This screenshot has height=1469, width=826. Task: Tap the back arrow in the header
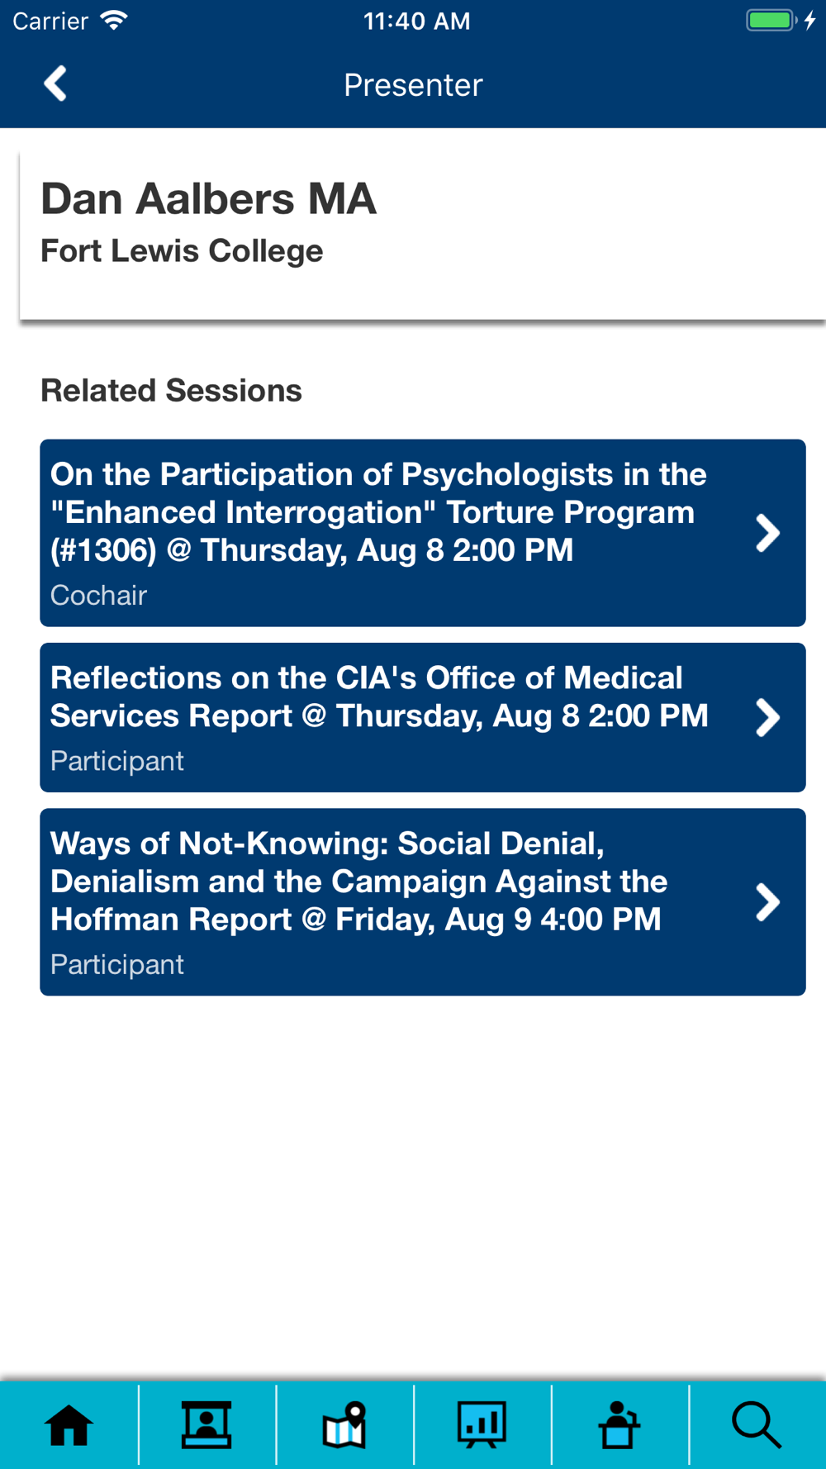[55, 83]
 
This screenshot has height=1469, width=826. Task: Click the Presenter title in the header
[413, 85]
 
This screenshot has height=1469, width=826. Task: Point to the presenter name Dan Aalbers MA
[208, 199]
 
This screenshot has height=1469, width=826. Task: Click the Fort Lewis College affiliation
[182, 250]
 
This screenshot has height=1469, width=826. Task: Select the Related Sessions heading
[171, 390]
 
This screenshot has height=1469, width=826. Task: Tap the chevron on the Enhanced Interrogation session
[767, 533]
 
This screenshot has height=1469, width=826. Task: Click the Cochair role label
[98, 595]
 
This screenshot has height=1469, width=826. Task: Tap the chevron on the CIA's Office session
[767, 717]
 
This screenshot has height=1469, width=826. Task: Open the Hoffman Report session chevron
[767, 902]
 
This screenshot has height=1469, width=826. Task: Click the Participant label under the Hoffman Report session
[116, 964]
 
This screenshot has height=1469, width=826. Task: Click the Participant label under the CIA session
[116, 761]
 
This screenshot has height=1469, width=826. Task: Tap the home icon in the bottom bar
[69, 1425]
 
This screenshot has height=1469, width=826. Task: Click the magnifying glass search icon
[757, 1425]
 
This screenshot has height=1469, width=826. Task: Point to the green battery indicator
[771, 21]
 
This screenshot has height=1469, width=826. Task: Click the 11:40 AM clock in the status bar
[416, 21]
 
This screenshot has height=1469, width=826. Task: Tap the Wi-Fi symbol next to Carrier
[114, 20]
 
